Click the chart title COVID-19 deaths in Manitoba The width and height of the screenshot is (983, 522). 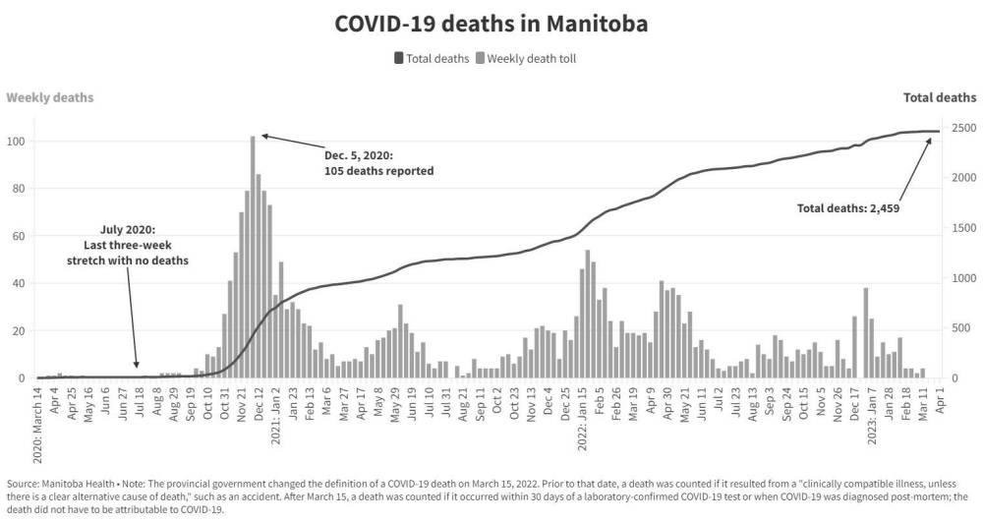click(x=491, y=23)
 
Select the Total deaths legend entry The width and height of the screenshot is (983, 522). click(x=432, y=58)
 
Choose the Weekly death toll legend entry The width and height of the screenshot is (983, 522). click(x=526, y=58)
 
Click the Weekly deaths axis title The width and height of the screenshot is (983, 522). click(x=50, y=97)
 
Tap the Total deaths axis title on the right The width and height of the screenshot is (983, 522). click(x=940, y=97)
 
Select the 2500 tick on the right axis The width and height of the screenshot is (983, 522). click(x=962, y=128)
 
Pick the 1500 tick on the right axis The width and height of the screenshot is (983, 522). click(x=962, y=228)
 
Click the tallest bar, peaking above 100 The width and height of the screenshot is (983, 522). click(x=253, y=256)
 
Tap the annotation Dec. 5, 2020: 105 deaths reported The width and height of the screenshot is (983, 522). click(x=378, y=163)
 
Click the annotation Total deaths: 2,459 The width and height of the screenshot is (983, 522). click(x=846, y=207)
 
